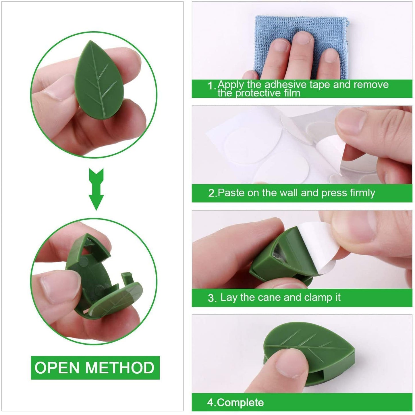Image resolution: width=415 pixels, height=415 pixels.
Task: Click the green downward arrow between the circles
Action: pos(96,190)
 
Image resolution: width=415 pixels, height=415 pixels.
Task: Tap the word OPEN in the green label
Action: pos(57,368)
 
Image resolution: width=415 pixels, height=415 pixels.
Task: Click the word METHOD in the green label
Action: pos(120,368)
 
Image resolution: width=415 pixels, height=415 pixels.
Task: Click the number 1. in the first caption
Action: pos(212,86)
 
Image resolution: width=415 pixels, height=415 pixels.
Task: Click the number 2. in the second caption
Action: pos(213,193)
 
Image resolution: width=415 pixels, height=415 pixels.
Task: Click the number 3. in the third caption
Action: pos(212,298)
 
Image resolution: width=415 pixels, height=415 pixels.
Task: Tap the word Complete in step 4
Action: pos(240,402)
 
